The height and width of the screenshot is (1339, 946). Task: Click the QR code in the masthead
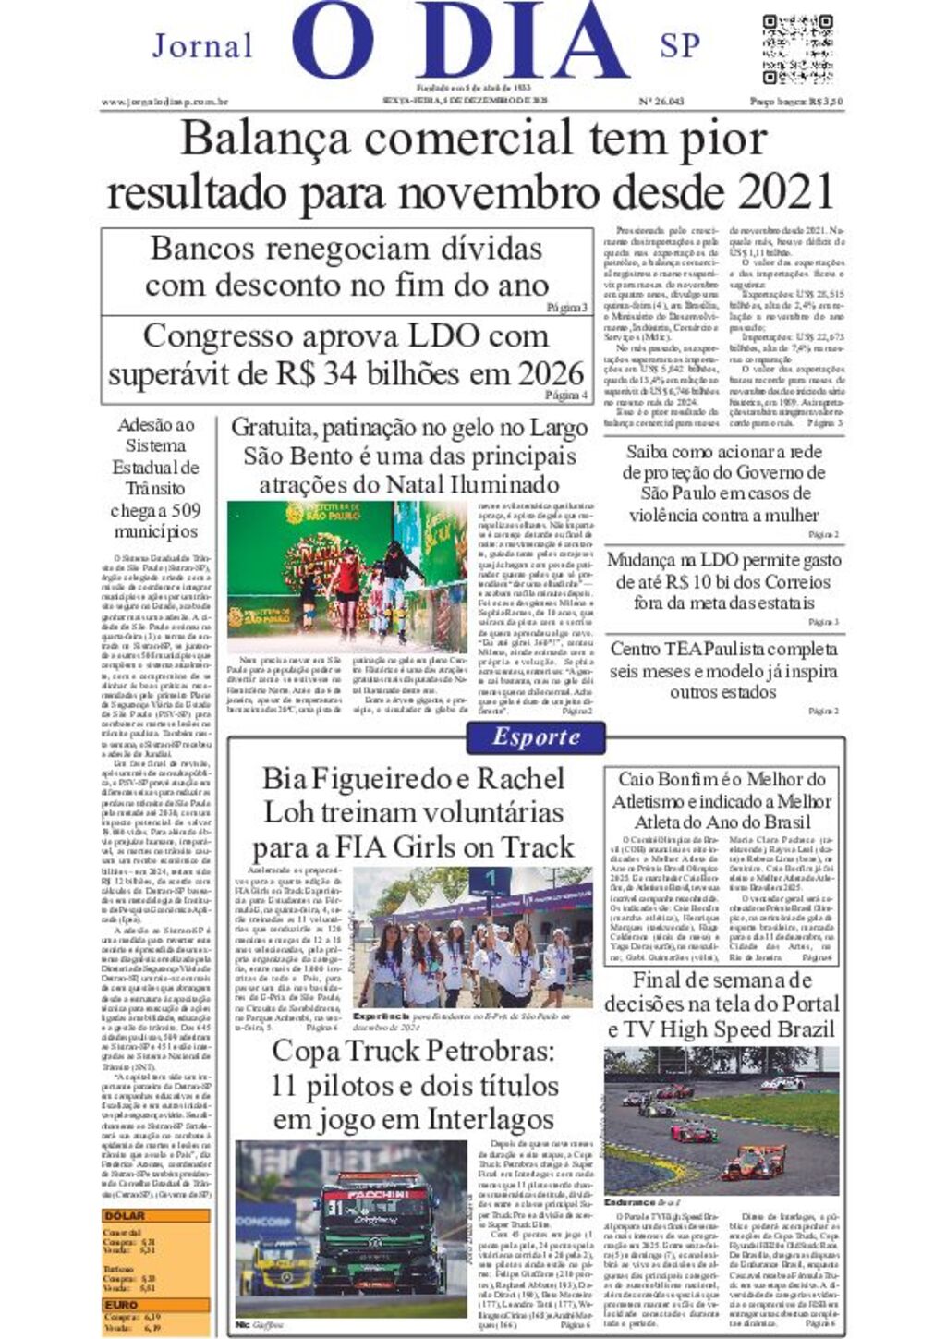tap(797, 48)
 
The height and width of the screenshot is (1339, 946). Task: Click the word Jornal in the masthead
tap(202, 45)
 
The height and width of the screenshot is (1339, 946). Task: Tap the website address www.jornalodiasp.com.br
tap(165, 102)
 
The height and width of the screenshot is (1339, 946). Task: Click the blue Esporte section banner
tap(536, 736)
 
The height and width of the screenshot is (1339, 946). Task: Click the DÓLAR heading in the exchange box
tap(125, 1216)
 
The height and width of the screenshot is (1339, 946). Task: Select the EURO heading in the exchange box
tap(121, 1305)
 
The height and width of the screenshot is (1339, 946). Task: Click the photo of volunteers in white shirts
tap(472, 937)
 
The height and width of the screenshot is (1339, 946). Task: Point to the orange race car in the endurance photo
tap(752, 1160)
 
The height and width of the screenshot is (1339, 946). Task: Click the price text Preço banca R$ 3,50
tap(795, 102)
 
